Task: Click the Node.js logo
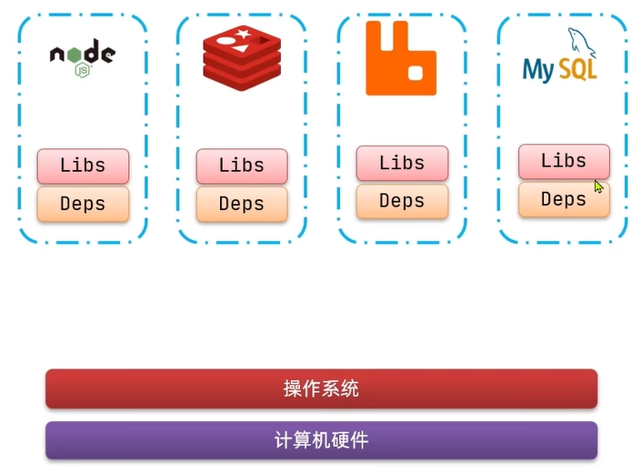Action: (x=82, y=56)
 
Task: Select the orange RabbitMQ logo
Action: (x=401, y=58)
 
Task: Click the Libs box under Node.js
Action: (x=83, y=166)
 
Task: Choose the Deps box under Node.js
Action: (x=83, y=204)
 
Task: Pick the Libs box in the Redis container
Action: (x=242, y=166)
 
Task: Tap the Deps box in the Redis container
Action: (x=242, y=204)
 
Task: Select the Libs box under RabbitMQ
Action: (x=402, y=163)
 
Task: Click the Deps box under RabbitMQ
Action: (x=402, y=201)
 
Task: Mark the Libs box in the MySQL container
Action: (x=564, y=161)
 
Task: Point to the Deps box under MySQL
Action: (x=564, y=199)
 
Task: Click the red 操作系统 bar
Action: (x=321, y=389)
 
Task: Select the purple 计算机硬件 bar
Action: (x=321, y=441)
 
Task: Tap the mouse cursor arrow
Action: (x=597, y=186)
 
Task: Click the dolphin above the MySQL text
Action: (x=579, y=41)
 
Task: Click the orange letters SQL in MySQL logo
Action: (x=578, y=69)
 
